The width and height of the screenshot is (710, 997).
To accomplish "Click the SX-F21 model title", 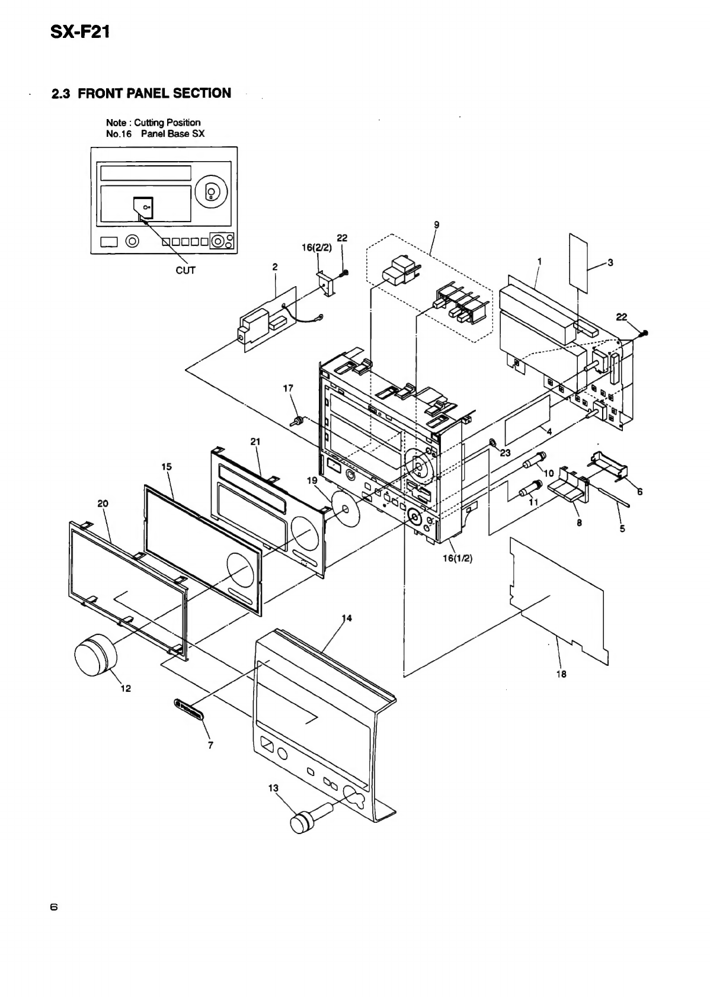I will [x=81, y=33].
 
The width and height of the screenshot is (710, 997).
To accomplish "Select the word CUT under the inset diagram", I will [x=186, y=270].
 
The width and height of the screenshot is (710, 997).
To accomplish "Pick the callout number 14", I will [x=347, y=618].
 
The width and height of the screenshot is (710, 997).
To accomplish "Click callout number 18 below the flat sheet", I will [x=561, y=674].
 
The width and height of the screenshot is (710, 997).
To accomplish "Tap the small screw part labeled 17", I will [x=298, y=421].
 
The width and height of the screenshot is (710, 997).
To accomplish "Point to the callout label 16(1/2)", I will [x=458, y=559].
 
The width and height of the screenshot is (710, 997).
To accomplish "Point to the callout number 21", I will [x=255, y=441].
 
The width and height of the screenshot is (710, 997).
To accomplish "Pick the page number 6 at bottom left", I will [x=53, y=906].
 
